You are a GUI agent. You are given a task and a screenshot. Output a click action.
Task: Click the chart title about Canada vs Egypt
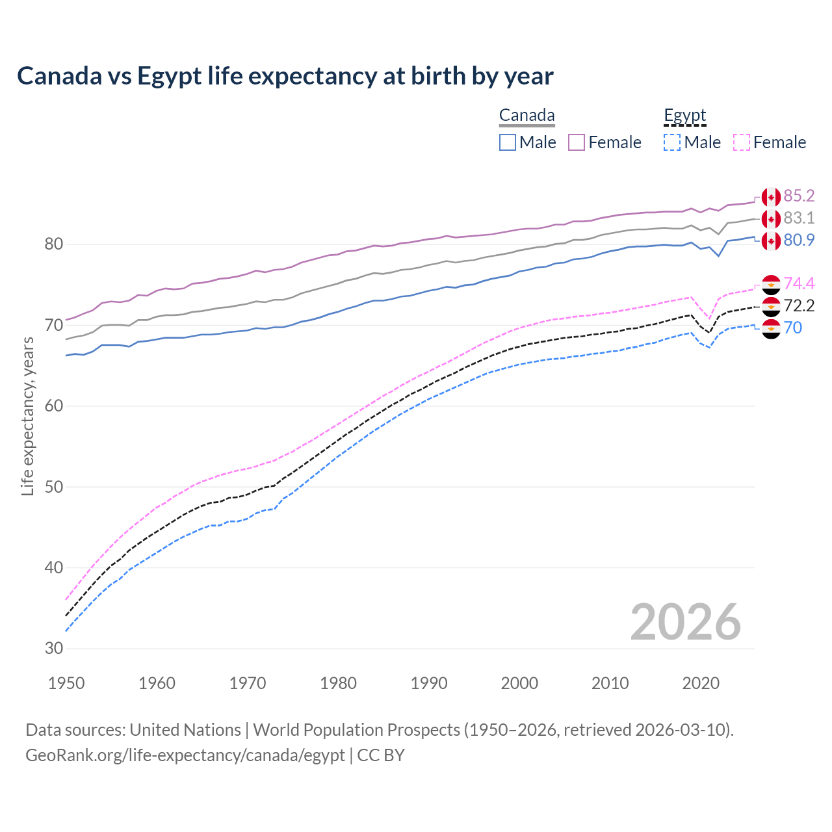pyautogui.click(x=285, y=76)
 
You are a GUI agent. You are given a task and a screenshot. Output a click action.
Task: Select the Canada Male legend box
pyautogui.click(x=508, y=142)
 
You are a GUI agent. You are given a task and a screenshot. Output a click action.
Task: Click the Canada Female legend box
pyautogui.click(x=577, y=142)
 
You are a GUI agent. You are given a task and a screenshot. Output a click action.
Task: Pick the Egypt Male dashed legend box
pyautogui.click(x=672, y=142)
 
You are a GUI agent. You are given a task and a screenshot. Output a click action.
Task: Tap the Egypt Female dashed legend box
pyautogui.click(x=741, y=142)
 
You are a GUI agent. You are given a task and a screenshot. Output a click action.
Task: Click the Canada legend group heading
pyautogui.click(x=526, y=116)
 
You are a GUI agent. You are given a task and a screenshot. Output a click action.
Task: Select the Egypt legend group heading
pyautogui.click(x=684, y=116)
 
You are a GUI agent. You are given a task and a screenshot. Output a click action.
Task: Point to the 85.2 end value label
pyautogui.click(x=799, y=196)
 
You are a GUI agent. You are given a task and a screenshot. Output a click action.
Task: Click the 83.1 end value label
pyautogui.click(x=799, y=218)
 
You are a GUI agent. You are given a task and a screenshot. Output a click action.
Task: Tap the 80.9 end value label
pyautogui.click(x=799, y=240)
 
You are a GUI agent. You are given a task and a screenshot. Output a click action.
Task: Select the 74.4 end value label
pyautogui.click(x=799, y=283)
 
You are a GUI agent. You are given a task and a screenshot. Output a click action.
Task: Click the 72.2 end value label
pyautogui.click(x=799, y=305)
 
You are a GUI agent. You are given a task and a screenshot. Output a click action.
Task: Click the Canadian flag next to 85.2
pyautogui.click(x=771, y=197)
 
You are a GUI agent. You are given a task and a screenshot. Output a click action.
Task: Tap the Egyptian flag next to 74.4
pyautogui.click(x=771, y=284)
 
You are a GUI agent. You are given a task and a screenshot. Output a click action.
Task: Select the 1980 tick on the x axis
pyautogui.click(x=338, y=683)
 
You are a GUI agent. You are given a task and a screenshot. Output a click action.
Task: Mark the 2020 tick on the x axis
pyautogui.click(x=701, y=683)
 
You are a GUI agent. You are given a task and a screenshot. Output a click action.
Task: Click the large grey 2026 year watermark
pyautogui.click(x=685, y=622)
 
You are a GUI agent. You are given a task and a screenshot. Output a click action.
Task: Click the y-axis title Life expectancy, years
pyautogui.click(x=28, y=416)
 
